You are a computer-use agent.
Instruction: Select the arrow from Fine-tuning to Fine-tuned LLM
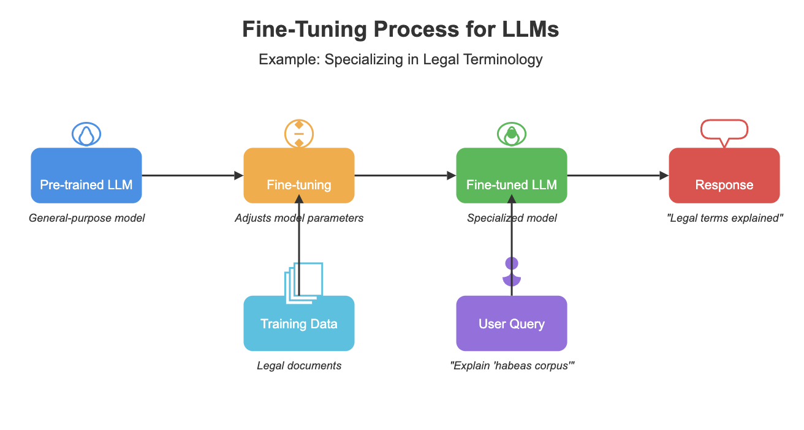point(405,176)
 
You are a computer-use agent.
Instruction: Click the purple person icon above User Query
point(512,272)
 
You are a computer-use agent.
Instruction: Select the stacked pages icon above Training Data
point(303,282)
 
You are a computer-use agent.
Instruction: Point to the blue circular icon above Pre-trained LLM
point(86,134)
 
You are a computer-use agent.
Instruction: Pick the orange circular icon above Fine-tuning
point(299,134)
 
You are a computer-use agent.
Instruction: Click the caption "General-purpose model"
point(86,217)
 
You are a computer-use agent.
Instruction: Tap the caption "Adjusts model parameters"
point(299,217)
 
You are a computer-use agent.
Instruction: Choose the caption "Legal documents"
point(299,366)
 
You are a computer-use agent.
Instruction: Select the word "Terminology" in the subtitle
point(504,59)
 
